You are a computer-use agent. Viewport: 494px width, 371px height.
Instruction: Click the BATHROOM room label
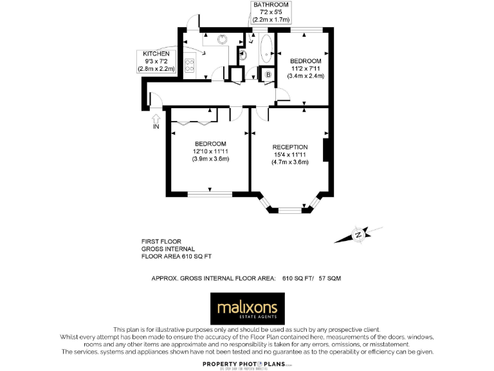271,5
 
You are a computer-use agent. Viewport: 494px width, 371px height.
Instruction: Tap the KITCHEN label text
156,53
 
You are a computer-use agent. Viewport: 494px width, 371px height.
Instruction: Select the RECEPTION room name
289,147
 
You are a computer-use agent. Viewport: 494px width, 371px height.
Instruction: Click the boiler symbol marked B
268,75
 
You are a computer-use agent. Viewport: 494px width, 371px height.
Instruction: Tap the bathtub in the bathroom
266,49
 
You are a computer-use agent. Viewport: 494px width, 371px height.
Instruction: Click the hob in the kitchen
190,64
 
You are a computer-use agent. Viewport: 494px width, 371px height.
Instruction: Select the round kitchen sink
223,39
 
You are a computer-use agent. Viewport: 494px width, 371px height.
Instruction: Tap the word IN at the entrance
155,127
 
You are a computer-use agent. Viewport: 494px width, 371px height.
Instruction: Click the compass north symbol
358,235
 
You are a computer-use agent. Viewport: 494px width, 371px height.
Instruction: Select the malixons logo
246,309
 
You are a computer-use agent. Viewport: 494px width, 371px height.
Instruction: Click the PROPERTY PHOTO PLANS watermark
247,363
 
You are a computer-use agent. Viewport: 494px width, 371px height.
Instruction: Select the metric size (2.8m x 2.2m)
156,68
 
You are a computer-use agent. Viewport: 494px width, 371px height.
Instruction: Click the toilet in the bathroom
242,55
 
